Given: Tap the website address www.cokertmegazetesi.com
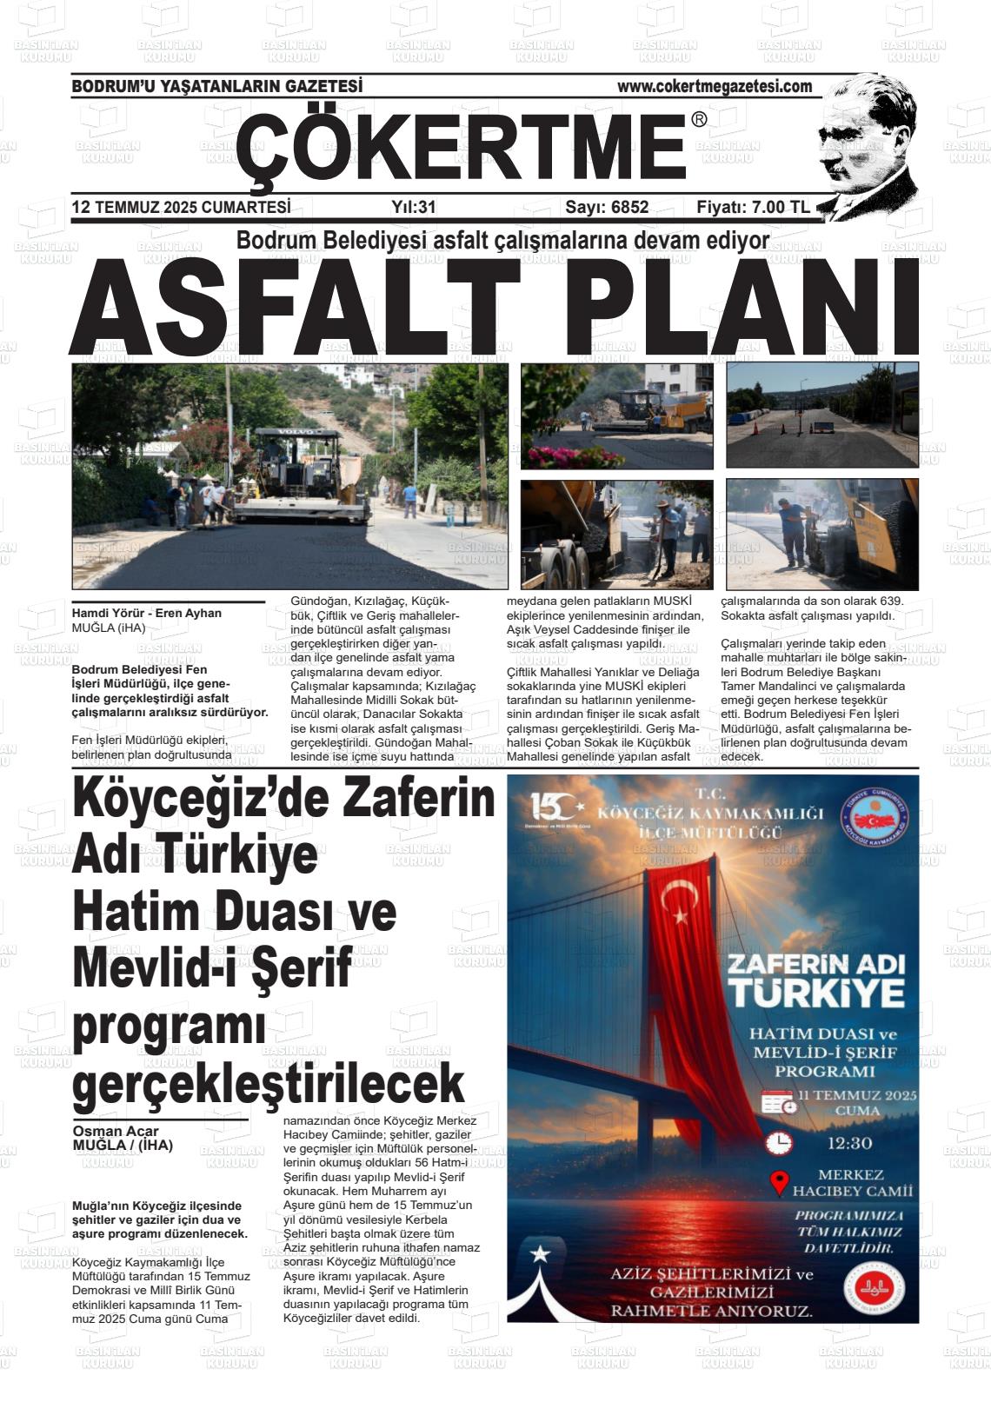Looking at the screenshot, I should (715, 86).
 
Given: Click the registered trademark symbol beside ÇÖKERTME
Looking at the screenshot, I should (699, 120).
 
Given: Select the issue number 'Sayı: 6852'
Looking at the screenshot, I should (607, 207).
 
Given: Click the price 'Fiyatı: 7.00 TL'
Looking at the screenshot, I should (753, 207).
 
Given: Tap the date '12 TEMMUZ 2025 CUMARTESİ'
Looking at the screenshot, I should (181, 207).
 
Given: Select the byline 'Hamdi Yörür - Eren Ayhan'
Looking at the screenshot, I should (146, 613).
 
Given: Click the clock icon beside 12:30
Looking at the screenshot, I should (779, 1142).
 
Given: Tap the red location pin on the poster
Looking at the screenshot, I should (780, 1182).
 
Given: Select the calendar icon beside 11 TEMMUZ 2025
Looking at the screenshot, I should (779, 1103).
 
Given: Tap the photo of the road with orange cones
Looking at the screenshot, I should (821, 415).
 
